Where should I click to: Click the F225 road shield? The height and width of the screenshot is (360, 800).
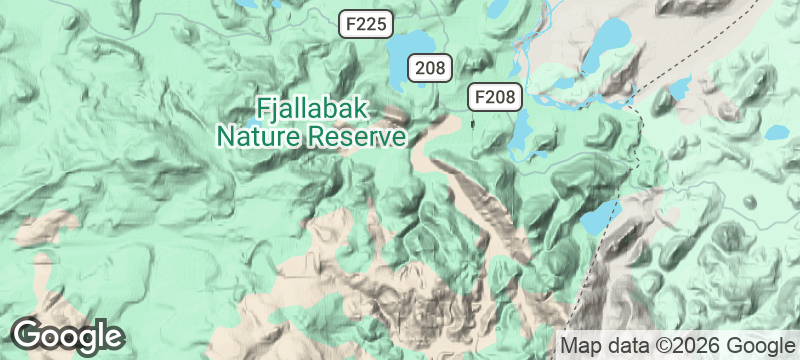click(364, 26)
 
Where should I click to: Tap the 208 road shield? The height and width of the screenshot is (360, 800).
click(430, 68)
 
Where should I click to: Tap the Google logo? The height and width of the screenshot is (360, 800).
click(68, 335)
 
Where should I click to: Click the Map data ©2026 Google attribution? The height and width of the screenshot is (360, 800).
click(675, 345)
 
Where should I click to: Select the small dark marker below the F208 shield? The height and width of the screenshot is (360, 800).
click(473, 123)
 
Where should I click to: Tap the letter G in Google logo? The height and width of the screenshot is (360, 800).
click(28, 334)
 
